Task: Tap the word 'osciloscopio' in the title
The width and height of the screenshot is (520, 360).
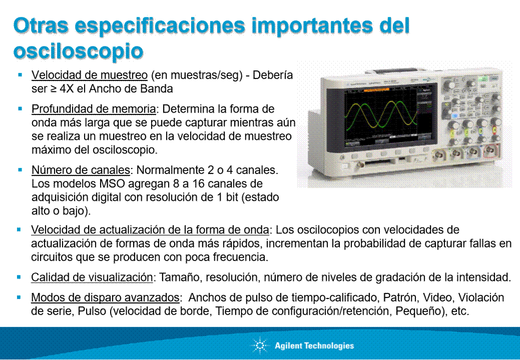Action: (x=78, y=51)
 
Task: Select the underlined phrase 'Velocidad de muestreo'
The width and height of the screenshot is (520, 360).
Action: (x=90, y=75)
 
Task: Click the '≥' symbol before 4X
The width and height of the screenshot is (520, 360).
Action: (x=53, y=89)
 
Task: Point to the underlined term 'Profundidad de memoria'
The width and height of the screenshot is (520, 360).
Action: (x=94, y=109)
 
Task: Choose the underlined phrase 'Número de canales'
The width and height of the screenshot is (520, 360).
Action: (x=81, y=170)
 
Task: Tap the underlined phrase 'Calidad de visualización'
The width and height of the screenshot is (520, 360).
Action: (x=92, y=277)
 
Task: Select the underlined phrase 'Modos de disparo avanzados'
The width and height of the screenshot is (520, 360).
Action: (x=105, y=297)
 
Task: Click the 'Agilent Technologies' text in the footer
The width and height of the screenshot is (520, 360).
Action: (x=314, y=346)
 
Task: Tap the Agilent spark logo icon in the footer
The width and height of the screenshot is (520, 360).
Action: (x=260, y=345)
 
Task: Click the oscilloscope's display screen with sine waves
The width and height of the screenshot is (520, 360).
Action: (x=380, y=115)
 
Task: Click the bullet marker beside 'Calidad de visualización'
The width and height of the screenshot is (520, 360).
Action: (x=19, y=277)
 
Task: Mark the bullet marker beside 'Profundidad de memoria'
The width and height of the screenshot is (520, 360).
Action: (x=20, y=108)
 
